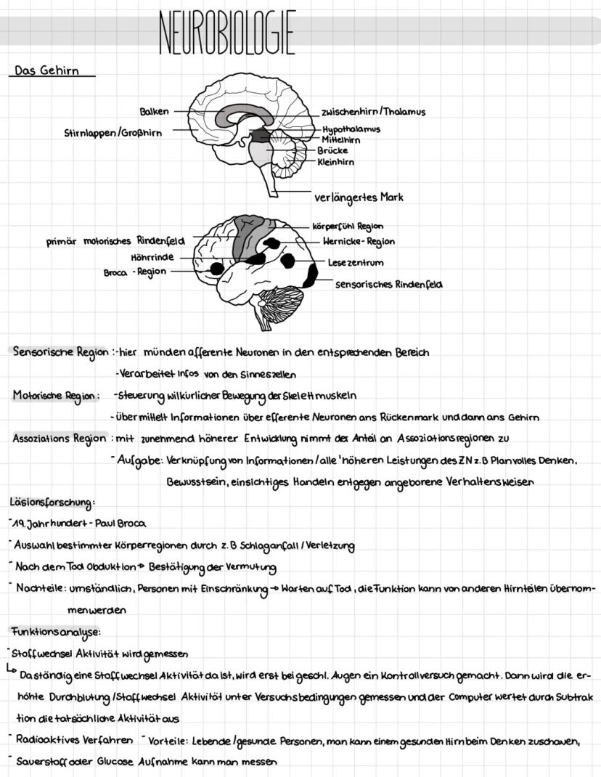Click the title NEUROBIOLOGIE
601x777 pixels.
(x=226, y=33)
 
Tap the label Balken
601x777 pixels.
(x=154, y=111)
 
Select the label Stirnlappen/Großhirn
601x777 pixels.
(x=113, y=133)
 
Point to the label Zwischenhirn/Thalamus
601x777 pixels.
(x=373, y=112)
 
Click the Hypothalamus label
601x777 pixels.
(x=351, y=129)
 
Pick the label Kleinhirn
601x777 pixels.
(x=335, y=162)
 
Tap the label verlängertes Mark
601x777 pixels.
(x=359, y=197)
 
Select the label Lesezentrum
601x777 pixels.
(x=356, y=262)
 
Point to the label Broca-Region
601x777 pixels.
(x=135, y=272)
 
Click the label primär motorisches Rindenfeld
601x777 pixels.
(x=116, y=240)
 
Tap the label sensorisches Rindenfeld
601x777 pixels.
(x=388, y=285)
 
